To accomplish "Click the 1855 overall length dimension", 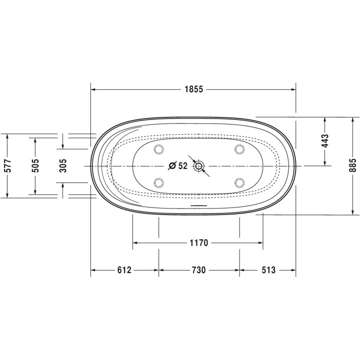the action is pyautogui.click(x=194, y=89).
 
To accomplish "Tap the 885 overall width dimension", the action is pyautogui.click(x=353, y=165).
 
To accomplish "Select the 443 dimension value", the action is pyautogui.click(x=325, y=140).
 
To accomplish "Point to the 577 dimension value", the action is pyautogui.click(x=7, y=166).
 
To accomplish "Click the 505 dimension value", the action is pyautogui.click(x=35, y=166).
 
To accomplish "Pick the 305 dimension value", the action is pyautogui.click(x=63, y=166).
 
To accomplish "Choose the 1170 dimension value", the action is pyautogui.click(x=199, y=242).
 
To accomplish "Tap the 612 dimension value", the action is pyautogui.click(x=124, y=270).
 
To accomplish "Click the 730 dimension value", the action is pyautogui.click(x=199, y=270).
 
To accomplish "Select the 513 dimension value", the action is pyautogui.click(x=268, y=270).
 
